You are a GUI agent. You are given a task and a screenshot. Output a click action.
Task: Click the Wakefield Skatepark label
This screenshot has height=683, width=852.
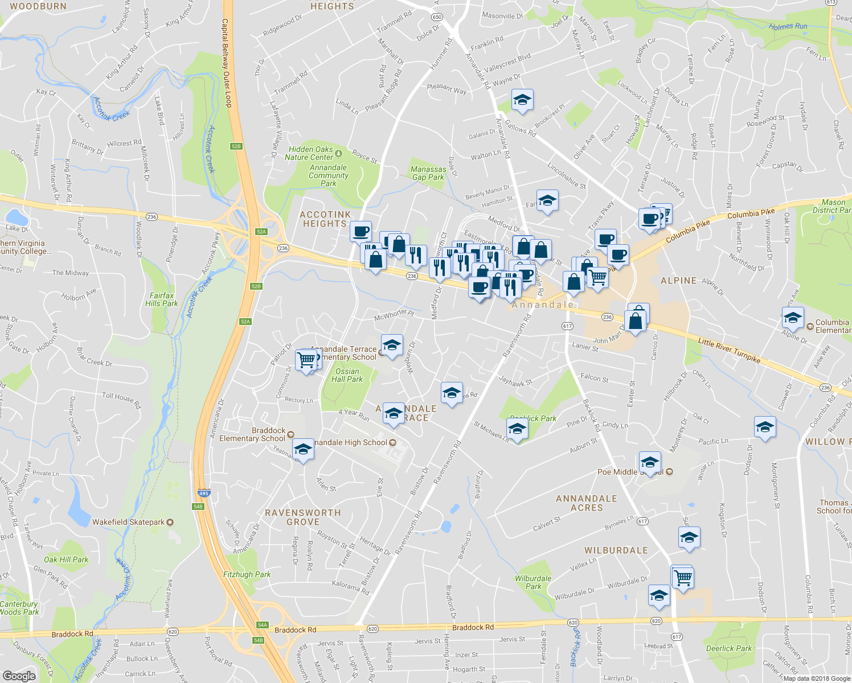point(129,522)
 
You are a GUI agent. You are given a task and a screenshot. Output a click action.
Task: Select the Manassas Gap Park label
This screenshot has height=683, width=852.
point(428,173)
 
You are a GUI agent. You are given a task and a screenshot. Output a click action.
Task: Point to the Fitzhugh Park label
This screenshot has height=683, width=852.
point(247,574)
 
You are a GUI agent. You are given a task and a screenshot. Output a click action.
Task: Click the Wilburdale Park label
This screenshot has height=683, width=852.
point(533,582)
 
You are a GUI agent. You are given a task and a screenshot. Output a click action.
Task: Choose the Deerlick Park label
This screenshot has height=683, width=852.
point(729,648)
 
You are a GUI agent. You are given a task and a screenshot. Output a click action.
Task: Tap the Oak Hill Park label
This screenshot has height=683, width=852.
point(66,559)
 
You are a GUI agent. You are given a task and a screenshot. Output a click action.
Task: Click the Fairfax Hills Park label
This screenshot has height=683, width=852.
point(162,299)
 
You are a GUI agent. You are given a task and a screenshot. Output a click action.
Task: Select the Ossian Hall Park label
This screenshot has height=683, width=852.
point(347,375)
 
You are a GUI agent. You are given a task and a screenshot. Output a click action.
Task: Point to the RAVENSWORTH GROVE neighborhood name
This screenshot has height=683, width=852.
point(303,517)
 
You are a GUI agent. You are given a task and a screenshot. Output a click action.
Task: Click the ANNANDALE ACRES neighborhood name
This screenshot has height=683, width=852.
point(587,503)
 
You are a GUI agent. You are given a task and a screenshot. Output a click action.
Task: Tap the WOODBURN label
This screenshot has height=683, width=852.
point(38,6)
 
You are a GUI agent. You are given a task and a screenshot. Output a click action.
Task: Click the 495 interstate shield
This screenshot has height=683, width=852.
point(204,493)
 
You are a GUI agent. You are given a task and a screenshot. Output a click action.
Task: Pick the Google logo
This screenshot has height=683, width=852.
point(19,676)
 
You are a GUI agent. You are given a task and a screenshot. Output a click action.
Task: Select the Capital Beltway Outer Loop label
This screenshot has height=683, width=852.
point(226,63)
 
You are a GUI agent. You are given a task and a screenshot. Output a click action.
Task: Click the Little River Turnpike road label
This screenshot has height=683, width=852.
point(729,349)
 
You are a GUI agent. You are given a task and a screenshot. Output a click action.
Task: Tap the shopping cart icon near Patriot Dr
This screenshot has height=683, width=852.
point(306,360)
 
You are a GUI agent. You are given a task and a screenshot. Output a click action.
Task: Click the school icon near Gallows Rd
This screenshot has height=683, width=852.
point(522,100)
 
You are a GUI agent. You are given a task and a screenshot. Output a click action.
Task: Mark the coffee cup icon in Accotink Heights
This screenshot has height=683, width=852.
point(361,231)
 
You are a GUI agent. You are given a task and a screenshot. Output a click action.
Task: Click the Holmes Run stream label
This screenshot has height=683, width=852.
point(788,26)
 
